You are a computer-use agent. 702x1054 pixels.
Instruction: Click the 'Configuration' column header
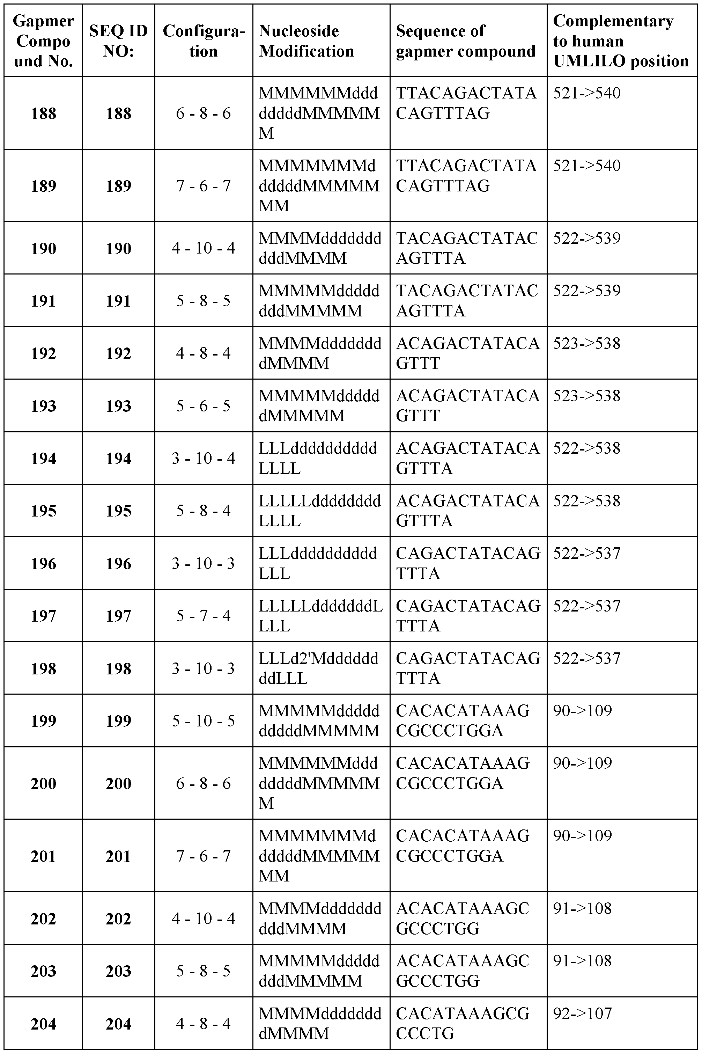pos(204,41)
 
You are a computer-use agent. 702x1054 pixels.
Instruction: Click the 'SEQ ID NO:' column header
pos(118,41)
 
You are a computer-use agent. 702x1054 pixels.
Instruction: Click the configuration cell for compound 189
pos(204,186)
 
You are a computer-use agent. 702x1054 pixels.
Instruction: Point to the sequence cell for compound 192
pos(468,353)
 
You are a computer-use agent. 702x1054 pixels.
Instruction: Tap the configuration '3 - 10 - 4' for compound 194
pos(204,458)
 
